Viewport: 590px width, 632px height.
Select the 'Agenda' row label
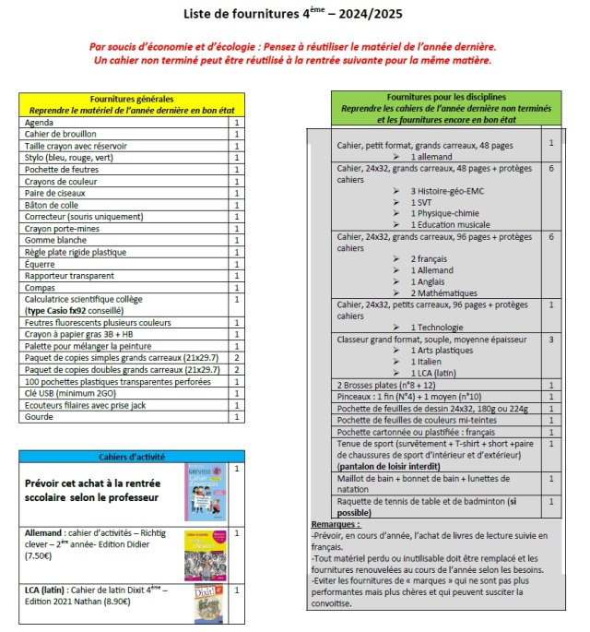40,122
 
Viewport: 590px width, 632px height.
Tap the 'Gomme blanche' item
56,240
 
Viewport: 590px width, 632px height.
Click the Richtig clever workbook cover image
204,554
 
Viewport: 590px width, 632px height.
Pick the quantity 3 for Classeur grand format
550,340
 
